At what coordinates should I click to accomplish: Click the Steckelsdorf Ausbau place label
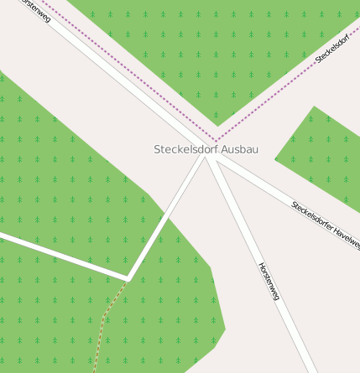[x=206, y=149]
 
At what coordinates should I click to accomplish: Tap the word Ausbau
[x=240, y=149]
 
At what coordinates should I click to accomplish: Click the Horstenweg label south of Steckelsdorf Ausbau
[x=268, y=281]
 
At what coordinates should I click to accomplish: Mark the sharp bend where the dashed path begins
[x=128, y=276]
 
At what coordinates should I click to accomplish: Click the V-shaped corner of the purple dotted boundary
[x=216, y=140]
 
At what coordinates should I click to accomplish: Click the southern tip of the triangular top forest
[x=217, y=124]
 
